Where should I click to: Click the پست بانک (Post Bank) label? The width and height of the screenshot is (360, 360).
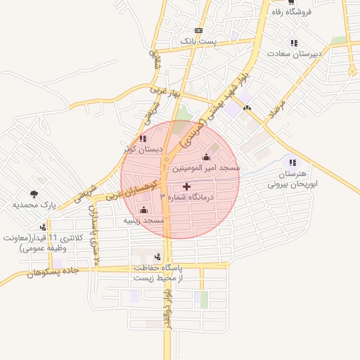click(198, 41)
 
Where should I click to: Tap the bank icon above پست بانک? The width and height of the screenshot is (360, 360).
click(198, 30)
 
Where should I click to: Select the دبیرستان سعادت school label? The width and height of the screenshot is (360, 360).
click(293, 53)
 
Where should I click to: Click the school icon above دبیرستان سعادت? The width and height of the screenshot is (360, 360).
click(293, 43)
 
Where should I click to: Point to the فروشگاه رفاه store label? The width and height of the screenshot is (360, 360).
click(302, 12)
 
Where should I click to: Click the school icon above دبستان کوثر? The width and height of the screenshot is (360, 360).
click(143, 139)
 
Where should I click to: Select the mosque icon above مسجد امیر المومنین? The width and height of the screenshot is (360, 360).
click(206, 157)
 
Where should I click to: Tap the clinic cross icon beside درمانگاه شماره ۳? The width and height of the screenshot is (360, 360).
click(186, 186)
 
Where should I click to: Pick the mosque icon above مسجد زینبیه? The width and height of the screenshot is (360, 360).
click(144, 210)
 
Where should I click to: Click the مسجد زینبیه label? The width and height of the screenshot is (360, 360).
click(144, 221)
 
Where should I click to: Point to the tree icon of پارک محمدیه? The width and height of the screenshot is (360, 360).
click(34, 193)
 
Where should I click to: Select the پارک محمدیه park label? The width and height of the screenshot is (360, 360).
click(34, 205)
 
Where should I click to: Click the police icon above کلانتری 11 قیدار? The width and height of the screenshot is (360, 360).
click(44, 226)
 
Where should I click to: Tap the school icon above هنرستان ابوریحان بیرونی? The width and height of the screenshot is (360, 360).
click(292, 162)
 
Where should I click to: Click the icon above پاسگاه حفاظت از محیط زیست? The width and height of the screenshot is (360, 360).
click(157, 257)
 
